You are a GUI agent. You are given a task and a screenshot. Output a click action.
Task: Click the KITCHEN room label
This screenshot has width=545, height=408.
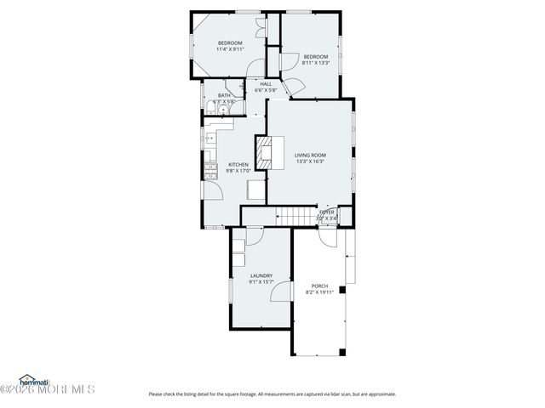(x=238, y=164)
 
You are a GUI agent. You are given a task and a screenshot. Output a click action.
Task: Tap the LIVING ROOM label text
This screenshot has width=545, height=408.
(x=310, y=155)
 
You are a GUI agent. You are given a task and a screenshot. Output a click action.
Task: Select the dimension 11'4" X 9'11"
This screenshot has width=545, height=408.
(x=230, y=49)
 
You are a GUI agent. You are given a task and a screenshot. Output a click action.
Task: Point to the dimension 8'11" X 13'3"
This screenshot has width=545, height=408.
(x=315, y=62)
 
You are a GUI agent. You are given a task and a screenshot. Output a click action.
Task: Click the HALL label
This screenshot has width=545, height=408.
(x=266, y=83)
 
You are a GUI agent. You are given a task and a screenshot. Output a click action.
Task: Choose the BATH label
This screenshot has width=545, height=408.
(x=224, y=95)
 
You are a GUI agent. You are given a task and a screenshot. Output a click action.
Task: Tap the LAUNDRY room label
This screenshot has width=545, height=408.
(x=261, y=275)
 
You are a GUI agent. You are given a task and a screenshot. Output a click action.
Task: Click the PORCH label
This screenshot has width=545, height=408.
(x=319, y=286)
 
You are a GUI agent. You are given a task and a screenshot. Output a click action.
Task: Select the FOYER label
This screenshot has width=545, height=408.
(x=327, y=212)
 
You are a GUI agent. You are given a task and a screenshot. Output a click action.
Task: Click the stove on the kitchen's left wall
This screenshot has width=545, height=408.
(x=208, y=174)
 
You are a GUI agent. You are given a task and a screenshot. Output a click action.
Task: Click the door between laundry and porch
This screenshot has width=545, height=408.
(x=279, y=295)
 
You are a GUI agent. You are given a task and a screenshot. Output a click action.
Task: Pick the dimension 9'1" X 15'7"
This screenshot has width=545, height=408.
(x=261, y=281)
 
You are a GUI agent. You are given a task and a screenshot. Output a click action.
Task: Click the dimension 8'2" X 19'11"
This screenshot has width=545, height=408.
(x=319, y=292)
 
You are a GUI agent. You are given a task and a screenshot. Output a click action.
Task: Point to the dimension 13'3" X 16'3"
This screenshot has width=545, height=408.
(x=310, y=161)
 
